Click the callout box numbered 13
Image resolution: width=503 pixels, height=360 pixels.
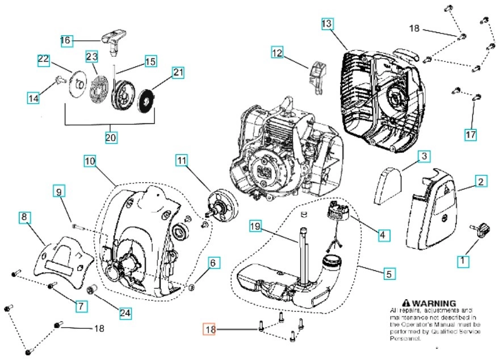pyautogui.click(x=327, y=24)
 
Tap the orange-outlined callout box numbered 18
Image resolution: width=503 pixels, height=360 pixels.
pyautogui.click(x=210, y=329)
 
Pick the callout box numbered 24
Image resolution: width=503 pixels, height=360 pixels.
pyautogui.click(x=125, y=312)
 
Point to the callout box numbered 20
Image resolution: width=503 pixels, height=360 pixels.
pyautogui.click(x=110, y=137)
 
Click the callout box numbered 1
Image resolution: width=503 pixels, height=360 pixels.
pyautogui.click(x=463, y=261)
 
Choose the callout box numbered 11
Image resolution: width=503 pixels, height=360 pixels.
pyautogui.click(x=181, y=161)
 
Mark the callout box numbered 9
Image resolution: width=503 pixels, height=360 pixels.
pyautogui.click(x=60, y=191)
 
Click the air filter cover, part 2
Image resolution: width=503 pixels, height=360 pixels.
pyautogui.click(x=434, y=213)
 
